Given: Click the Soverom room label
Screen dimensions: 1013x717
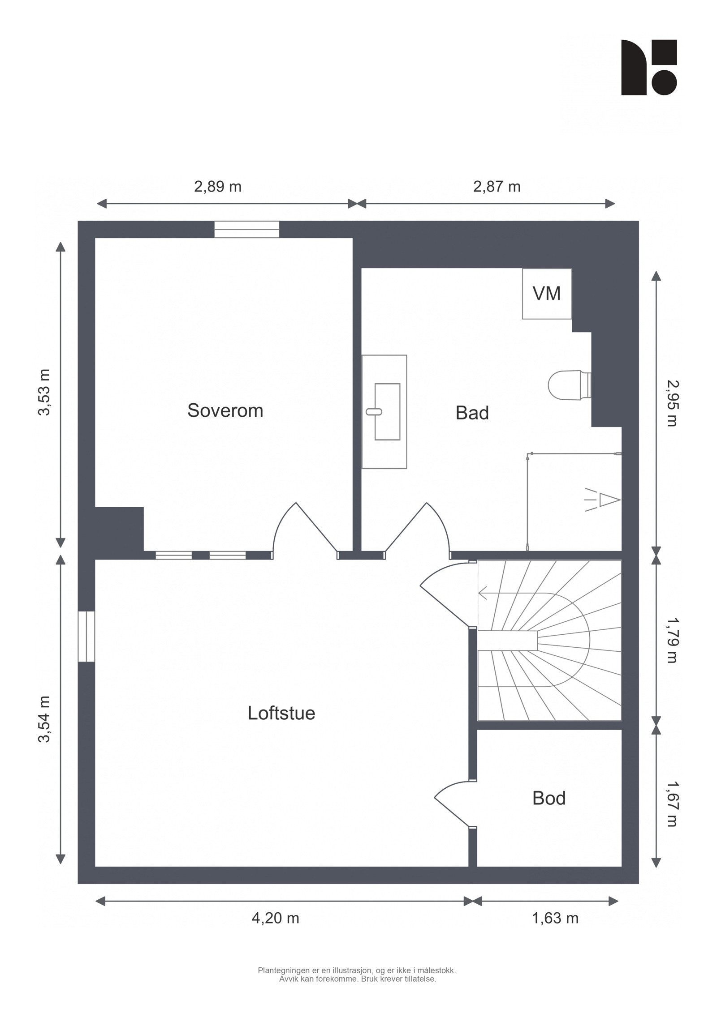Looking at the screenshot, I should [225, 410].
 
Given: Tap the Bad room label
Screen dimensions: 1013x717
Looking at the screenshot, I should [472, 413].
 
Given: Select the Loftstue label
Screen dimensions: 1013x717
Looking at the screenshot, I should [281, 713].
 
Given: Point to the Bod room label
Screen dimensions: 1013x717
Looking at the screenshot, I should [549, 798].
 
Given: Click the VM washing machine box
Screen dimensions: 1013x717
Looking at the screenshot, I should [547, 294].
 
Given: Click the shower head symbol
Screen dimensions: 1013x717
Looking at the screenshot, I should [603, 500].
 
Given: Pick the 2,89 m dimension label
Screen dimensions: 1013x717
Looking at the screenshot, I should [217, 186].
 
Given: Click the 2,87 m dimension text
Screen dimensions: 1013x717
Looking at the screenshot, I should [497, 186].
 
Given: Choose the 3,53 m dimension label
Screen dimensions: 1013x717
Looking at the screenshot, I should [44, 393].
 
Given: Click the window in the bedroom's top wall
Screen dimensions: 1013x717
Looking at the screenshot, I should [246, 229].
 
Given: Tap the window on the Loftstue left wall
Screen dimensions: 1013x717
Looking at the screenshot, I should [86, 636].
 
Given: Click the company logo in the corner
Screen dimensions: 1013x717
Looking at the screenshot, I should [648, 67].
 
